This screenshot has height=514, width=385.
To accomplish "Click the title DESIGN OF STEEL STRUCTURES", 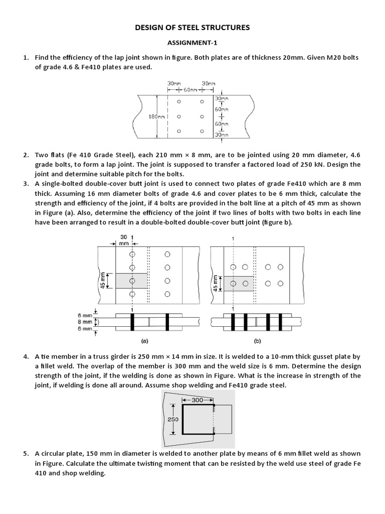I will point(192,28).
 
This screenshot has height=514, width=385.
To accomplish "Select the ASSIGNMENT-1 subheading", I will point(192,44).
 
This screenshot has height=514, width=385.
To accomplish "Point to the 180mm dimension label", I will point(157,116).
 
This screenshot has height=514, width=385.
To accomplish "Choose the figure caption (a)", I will point(144,340).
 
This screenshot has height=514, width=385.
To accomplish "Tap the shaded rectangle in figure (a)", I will point(131,281).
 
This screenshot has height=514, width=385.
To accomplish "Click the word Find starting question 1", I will point(42,58).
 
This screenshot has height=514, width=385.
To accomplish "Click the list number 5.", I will point(25,454).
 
